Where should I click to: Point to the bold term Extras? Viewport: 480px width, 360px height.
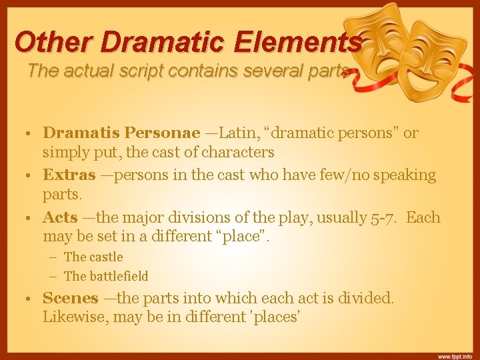69,175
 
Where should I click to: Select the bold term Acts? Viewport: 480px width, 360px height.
60,218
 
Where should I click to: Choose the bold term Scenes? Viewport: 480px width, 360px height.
71,299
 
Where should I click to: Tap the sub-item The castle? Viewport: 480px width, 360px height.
93,257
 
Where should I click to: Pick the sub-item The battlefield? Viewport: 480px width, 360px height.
106,276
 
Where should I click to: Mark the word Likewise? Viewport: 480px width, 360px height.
72,317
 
